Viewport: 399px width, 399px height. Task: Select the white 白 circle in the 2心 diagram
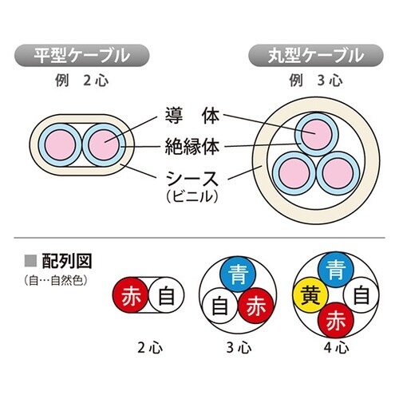point(166,298)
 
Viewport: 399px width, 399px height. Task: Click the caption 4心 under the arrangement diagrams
point(336,348)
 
